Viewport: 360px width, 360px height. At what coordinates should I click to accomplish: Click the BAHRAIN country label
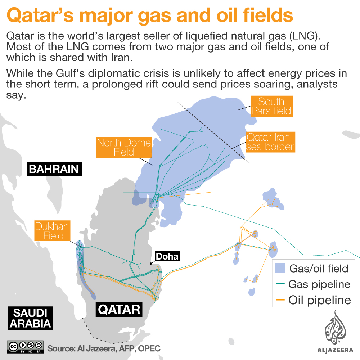point(54,169)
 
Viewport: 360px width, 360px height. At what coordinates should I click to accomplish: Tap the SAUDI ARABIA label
point(31,318)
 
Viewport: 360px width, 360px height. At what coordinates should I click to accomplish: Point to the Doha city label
point(167,256)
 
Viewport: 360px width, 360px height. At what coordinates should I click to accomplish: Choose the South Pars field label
point(271,106)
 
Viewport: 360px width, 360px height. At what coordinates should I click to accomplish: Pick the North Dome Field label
point(124,148)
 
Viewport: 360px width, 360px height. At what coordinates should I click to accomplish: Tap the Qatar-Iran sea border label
point(270,142)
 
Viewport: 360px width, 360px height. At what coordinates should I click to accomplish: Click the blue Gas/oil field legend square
point(280,268)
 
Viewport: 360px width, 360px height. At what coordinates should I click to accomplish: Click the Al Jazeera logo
point(335,331)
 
